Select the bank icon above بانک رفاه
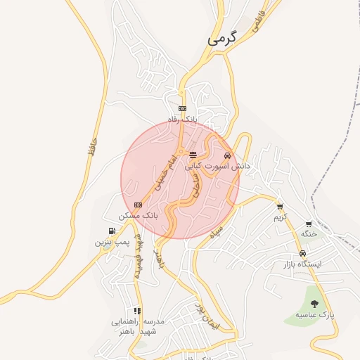click(x=182, y=108)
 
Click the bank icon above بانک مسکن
click(x=138, y=205)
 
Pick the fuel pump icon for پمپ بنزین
click(x=112, y=231)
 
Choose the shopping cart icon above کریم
click(x=280, y=207)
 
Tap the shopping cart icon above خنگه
click(x=309, y=223)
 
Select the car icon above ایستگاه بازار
click(x=302, y=253)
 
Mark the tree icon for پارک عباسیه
click(x=314, y=304)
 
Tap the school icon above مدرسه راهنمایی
click(x=136, y=310)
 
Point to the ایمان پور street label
click(x=208, y=319)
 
